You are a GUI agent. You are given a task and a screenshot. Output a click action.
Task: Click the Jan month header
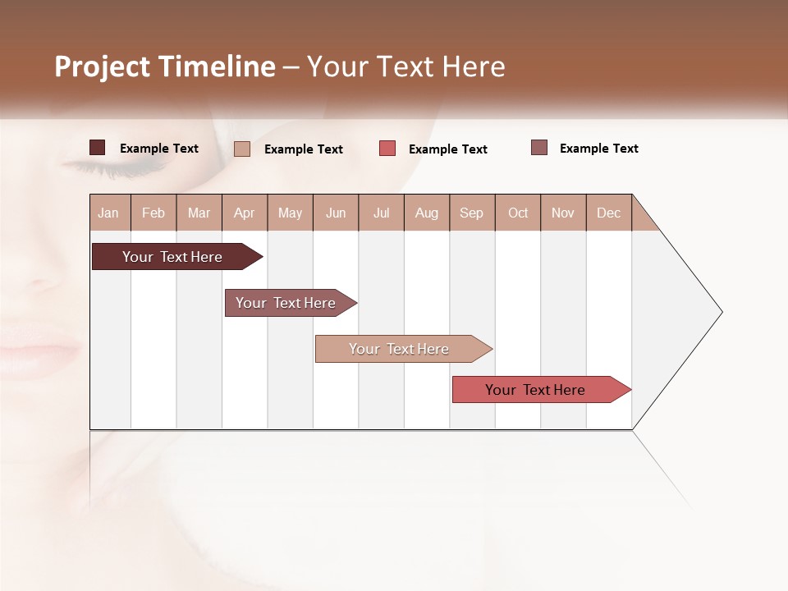click(x=109, y=213)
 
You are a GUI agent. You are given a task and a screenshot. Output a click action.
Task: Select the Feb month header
click(x=153, y=213)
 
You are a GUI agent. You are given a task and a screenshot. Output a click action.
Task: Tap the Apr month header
click(x=244, y=213)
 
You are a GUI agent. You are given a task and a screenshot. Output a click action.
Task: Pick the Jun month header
click(x=336, y=213)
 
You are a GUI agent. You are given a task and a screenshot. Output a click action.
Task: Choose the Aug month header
click(x=426, y=213)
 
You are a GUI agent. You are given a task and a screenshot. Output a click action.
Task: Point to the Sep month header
click(x=472, y=213)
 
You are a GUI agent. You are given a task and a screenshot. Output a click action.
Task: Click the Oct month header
click(x=518, y=213)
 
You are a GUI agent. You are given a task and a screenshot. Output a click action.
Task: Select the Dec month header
click(x=608, y=213)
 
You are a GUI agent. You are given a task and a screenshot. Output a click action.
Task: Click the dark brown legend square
click(x=98, y=148)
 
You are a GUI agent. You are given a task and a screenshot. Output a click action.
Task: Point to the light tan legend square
click(x=242, y=149)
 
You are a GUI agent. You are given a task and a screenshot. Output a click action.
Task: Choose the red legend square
click(x=387, y=149)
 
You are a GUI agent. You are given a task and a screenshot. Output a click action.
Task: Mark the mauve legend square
click(x=539, y=148)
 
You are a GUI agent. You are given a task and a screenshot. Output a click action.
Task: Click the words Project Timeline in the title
click(x=164, y=66)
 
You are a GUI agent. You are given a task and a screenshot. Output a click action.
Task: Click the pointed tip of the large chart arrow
click(x=720, y=312)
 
